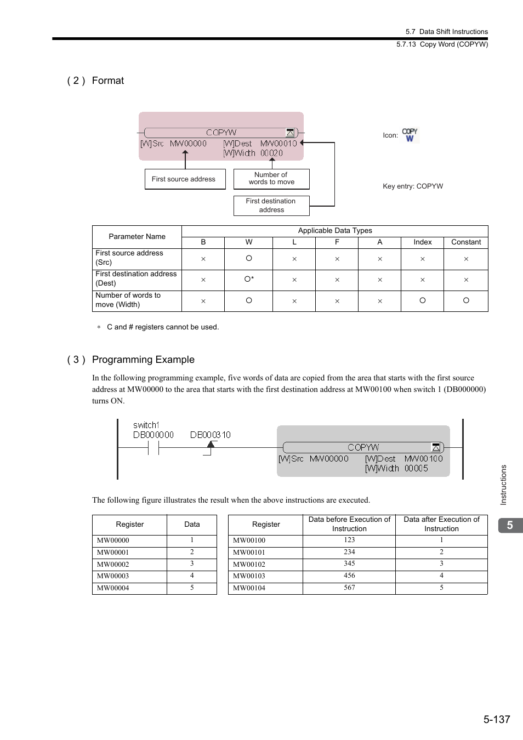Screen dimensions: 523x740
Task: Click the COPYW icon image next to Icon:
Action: pyautogui.click(x=410, y=135)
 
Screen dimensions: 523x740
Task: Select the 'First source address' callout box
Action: pyautogui.click(x=185, y=179)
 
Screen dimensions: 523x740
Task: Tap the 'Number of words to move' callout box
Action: pyautogui.click(x=271, y=179)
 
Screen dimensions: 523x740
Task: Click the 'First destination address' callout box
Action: pyautogui.click(x=271, y=206)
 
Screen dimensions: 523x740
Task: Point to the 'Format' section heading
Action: pyautogui.click(x=108, y=81)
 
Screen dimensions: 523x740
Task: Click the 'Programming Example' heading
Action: pyautogui.click(x=143, y=360)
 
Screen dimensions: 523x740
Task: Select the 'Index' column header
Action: pyautogui.click(x=422, y=242)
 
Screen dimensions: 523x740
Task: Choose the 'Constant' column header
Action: pyautogui.click(x=466, y=242)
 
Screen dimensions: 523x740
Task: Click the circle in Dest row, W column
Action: pyautogui.click(x=248, y=279)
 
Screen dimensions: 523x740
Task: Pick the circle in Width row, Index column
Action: pyautogui.click(x=422, y=300)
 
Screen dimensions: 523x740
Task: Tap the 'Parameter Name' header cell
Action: pyautogui.click(x=137, y=237)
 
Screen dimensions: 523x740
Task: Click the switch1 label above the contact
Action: pyautogui.click(x=146, y=425)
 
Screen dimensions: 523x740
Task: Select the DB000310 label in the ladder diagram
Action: pyautogui.click(x=211, y=435)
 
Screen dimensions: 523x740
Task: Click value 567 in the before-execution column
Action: pyautogui.click(x=349, y=588)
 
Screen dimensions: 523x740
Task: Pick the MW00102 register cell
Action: pyautogui.click(x=249, y=564)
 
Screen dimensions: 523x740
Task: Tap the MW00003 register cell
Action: pyautogui.click(x=113, y=576)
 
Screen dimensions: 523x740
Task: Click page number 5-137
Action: pyautogui.click(x=497, y=719)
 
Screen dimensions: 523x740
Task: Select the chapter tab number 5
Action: pyautogui.click(x=510, y=525)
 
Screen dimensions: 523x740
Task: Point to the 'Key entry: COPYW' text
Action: pyautogui.click(x=413, y=186)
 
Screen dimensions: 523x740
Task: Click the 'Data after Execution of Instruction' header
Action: pyautogui.click(x=441, y=524)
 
